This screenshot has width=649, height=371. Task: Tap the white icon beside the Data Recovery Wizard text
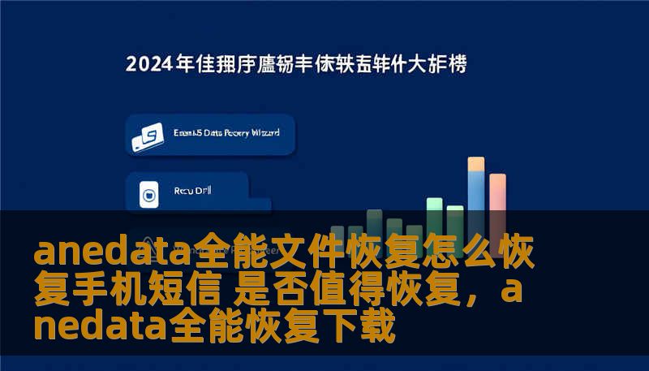[x=147, y=138]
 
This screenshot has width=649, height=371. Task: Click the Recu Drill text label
[x=192, y=192]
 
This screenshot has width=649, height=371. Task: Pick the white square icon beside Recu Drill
[x=148, y=194]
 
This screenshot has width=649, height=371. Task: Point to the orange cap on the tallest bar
[x=476, y=163]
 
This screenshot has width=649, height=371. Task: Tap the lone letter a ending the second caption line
[x=512, y=291]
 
